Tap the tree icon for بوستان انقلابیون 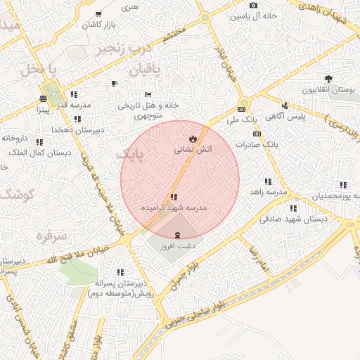point(328,79)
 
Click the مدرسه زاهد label point(271,191)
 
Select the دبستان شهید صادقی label point(294,219)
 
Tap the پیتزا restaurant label point(43,110)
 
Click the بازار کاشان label point(98,25)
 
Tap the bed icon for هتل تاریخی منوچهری point(148,94)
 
